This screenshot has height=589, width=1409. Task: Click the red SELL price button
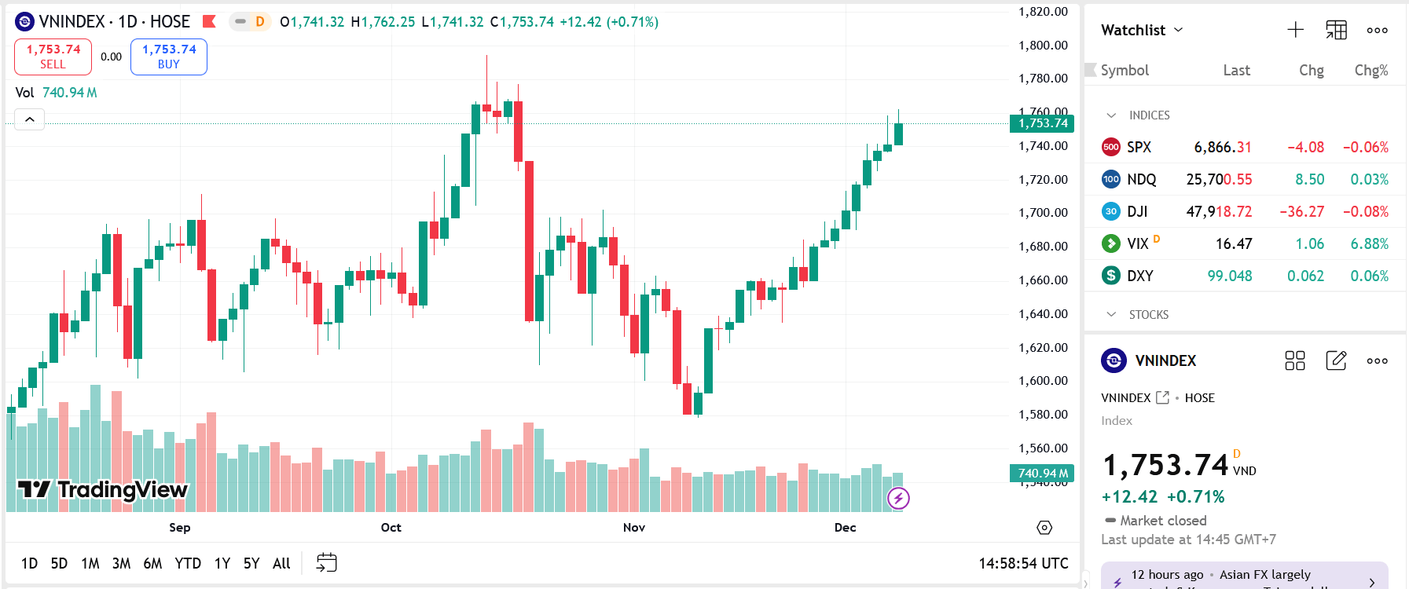53,57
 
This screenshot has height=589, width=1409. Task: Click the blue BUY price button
169,57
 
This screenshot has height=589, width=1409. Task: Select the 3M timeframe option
121,563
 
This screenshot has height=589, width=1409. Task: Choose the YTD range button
188,563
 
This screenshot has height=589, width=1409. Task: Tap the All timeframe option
281,563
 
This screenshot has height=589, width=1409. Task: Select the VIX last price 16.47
1234,244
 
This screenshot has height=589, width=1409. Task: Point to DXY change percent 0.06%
1369,276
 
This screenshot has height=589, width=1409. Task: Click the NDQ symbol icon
1111,179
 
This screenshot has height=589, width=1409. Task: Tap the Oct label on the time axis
391,528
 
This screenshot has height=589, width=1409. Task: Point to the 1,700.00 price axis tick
1043,213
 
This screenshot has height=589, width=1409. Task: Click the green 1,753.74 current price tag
1042,123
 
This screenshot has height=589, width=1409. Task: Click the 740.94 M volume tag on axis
1042,474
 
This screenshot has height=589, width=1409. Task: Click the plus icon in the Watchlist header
1296,30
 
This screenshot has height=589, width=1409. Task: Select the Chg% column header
1371,71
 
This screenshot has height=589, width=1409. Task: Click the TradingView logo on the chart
103,490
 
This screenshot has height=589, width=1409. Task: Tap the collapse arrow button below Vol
29,119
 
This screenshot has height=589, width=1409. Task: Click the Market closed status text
1163,521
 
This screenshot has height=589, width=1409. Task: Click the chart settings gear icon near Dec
1044,528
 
